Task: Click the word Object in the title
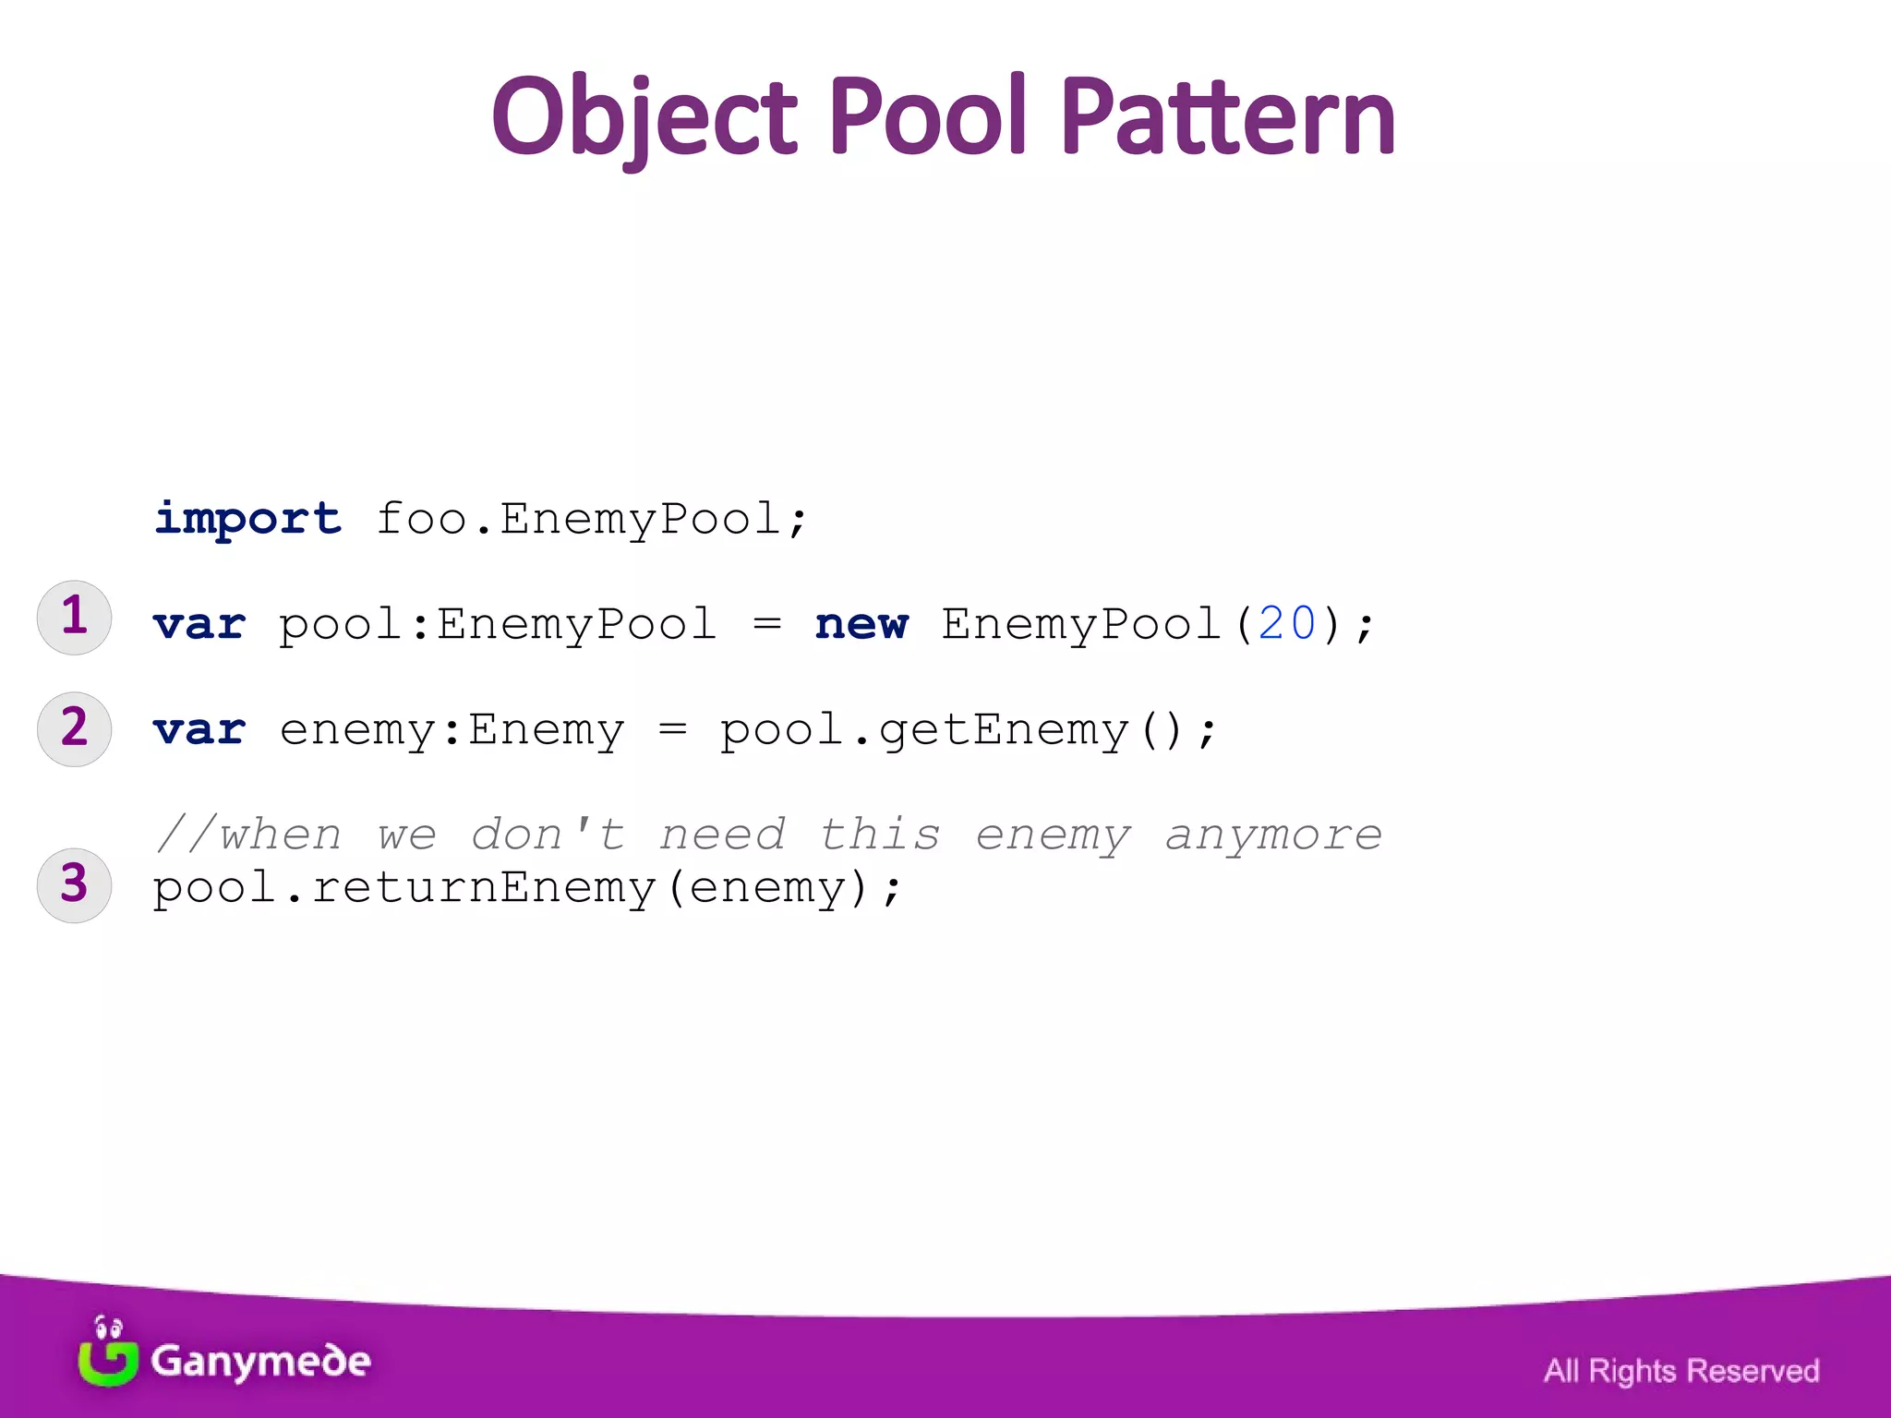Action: point(644,117)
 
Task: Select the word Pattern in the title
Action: point(1227,117)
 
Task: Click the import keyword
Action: point(247,519)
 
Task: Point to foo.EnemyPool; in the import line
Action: point(592,519)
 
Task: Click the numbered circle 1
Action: point(74,618)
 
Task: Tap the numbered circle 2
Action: point(74,729)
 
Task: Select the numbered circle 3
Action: point(74,885)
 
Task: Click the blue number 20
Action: point(1286,624)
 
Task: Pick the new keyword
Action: point(861,624)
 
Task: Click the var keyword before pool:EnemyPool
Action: point(199,625)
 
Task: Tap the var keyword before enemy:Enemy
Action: point(199,730)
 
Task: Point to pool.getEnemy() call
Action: point(969,730)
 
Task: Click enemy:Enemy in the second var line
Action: point(452,730)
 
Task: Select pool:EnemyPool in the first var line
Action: point(498,625)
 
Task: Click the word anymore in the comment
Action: point(1272,835)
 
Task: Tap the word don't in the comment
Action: point(548,835)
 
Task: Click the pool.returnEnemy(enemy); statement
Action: point(526,888)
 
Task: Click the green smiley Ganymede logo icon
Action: point(108,1352)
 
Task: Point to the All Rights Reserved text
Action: point(1680,1371)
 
